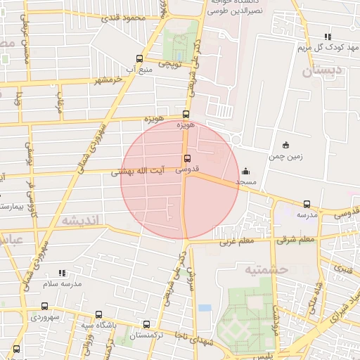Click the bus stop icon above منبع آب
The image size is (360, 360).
click(139, 59)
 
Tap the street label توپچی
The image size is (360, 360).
click(168, 64)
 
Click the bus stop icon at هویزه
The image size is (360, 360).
click(186, 114)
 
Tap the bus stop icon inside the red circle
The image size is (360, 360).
click(186, 158)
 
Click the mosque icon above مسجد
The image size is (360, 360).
click(245, 171)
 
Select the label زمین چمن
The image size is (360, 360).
click(285, 156)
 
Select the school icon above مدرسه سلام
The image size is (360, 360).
click(62, 273)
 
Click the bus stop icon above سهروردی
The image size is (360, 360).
click(45, 306)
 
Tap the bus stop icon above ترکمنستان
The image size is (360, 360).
click(146, 325)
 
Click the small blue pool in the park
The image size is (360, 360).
click(205, 307)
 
